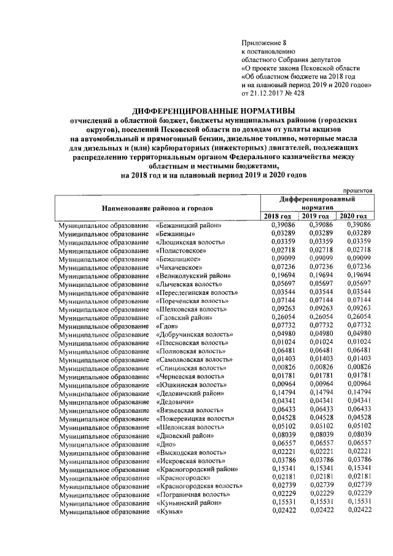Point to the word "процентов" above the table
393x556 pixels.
point(358,191)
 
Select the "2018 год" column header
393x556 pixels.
point(278,216)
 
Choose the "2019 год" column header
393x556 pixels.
point(317,216)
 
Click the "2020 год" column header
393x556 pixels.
point(354,216)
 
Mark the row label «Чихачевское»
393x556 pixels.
point(180,267)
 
